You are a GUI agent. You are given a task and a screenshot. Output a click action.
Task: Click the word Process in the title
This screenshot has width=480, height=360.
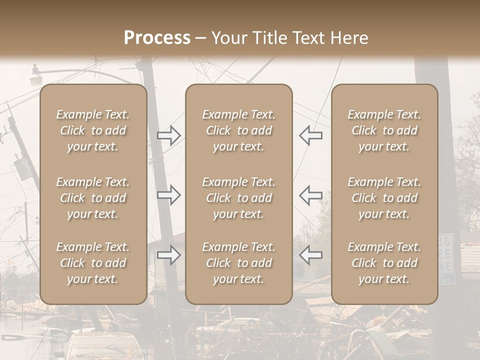[x=157, y=38]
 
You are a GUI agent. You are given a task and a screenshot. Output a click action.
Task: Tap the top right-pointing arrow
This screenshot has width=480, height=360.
[x=169, y=135]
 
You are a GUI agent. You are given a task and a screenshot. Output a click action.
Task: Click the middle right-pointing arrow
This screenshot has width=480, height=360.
[x=169, y=195]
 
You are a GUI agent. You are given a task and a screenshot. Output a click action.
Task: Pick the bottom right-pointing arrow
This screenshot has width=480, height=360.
[x=169, y=255]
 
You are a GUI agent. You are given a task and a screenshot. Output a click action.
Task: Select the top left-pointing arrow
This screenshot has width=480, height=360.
[x=310, y=135]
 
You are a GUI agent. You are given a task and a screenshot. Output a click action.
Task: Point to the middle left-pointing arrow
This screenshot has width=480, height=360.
[x=310, y=195]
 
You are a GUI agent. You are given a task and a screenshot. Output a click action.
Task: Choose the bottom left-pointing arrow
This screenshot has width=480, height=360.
[x=310, y=255]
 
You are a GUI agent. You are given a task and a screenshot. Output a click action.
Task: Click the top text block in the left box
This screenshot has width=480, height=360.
[x=93, y=130]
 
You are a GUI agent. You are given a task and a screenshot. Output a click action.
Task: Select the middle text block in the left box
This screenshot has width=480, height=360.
[x=93, y=198]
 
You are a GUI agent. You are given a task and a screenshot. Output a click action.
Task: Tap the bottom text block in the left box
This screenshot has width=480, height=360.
[x=93, y=263]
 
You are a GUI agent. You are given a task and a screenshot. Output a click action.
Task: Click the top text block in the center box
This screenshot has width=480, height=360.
[x=239, y=130]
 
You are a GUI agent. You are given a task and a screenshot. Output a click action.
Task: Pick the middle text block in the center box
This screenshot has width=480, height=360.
[x=239, y=198]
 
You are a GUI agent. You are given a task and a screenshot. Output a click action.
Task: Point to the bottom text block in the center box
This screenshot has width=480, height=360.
[x=239, y=263]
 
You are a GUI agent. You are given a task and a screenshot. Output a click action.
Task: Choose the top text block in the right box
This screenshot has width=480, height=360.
[x=384, y=130]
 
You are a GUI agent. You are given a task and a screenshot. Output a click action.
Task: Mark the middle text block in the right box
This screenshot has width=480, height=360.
[x=384, y=198]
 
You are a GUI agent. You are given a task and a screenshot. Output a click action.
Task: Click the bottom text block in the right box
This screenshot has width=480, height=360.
[x=384, y=263]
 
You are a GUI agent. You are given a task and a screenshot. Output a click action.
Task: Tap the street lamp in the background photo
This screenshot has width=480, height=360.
[x=36, y=80]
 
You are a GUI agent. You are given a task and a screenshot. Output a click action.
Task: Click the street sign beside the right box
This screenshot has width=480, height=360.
[x=446, y=258]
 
